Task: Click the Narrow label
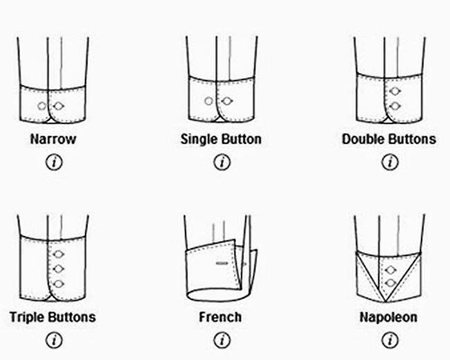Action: pyautogui.click(x=53, y=139)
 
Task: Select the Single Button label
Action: pyautogui.click(x=221, y=139)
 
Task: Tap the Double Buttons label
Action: pyautogui.click(x=389, y=139)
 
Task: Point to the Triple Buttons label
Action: pyautogui.click(x=53, y=318)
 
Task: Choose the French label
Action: pyautogui.click(x=221, y=318)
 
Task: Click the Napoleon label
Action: pyautogui.click(x=388, y=318)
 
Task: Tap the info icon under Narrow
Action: pyautogui.click(x=53, y=162)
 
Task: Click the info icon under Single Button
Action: pyautogui.click(x=222, y=162)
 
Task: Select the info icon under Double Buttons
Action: pyautogui.click(x=390, y=162)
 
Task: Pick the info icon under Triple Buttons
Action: pyautogui.click(x=53, y=340)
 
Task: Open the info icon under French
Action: pyautogui.click(x=222, y=340)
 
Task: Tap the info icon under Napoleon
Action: pyautogui.click(x=390, y=340)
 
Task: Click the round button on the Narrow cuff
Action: pyautogui.click(x=42, y=105)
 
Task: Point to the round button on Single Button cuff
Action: pyautogui.click(x=209, y=102)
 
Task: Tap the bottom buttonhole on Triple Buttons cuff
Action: pyautogui.click(x=59, y=283)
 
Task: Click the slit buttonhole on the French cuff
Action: pyautogui.click(x=222, y=264)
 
